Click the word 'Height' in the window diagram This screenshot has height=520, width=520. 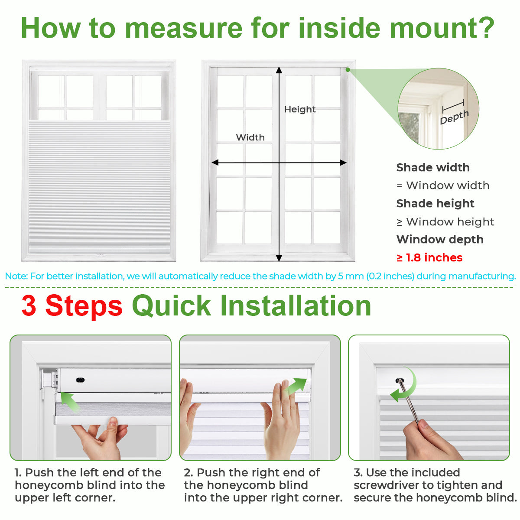(x=299, y=110)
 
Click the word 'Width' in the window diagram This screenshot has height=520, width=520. (x=250, y=137)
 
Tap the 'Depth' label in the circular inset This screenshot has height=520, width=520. (x=454, y=117)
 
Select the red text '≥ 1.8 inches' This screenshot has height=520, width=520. (x=429, y=258)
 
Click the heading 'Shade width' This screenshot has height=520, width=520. (x=432, y=168)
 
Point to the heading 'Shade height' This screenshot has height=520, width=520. (x=435, y=204)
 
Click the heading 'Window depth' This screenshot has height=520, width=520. (x=439, y=240)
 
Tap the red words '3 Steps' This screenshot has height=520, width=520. (x=72, y=306)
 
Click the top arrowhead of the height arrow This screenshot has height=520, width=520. (x=279, y=71)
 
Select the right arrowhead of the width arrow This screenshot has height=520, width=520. (x=343, y=163)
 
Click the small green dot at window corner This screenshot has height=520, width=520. (x=348, y=69)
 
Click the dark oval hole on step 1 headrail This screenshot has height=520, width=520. (x=80, y=380)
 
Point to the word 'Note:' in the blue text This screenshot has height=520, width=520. (x=16, y=276)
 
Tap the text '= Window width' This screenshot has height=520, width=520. (x=442, y=186)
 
